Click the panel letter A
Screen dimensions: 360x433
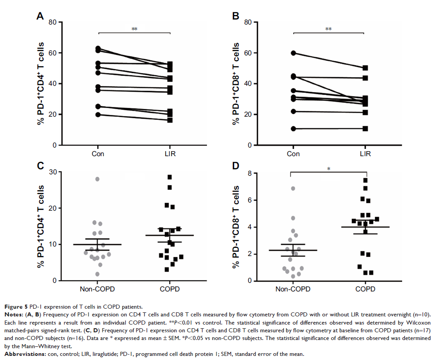[40, 17]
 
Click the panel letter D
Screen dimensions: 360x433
[235, 166]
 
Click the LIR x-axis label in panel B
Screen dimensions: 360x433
[364, 153]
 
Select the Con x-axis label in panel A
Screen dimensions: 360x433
[98, 153]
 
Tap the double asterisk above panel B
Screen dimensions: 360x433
[329, 30]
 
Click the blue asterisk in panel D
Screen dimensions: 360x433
[329, 169]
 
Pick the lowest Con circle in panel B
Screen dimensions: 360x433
[294, 129]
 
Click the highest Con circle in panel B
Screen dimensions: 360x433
[294, 53]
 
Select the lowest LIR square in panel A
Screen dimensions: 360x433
[170, 120]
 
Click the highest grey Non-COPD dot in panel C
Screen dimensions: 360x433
[97, 179]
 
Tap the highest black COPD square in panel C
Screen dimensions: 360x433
[170, 177]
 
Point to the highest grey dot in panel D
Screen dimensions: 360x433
[293, 188]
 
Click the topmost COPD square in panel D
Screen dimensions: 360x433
[365, 180]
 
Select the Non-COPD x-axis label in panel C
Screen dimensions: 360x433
[97, 289]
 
